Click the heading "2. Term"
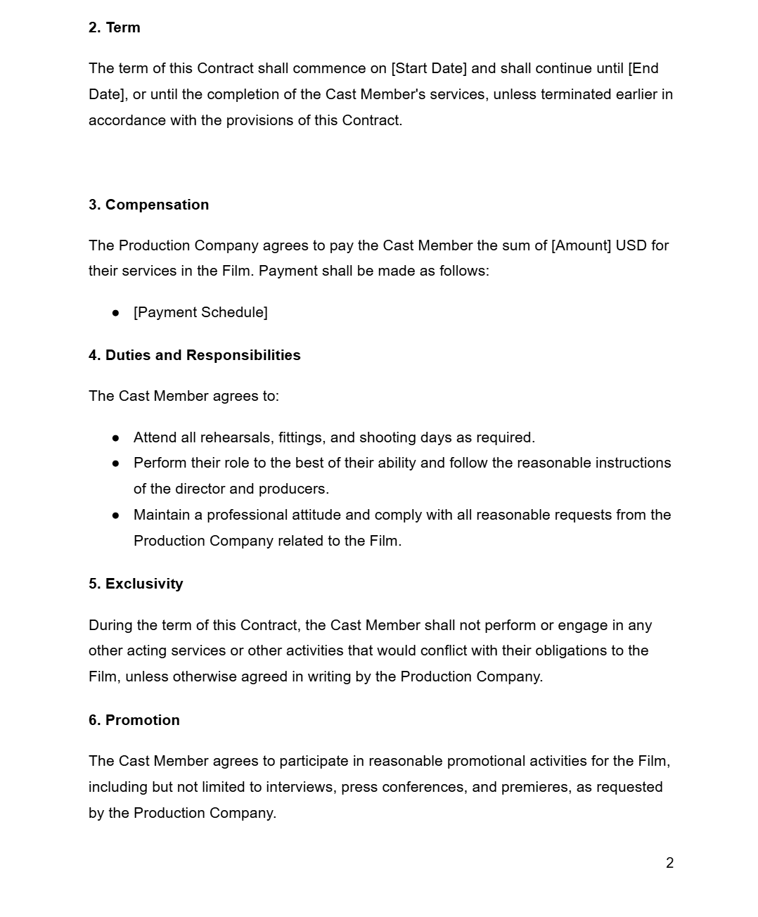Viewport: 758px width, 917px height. (x=114, y=27)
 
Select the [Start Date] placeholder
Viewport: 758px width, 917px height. (x=428, y=68)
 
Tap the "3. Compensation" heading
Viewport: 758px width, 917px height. (x=148, y=205)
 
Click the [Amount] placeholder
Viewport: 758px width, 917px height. (x=581, y=245)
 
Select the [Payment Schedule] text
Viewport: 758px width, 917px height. (x=200, y=312)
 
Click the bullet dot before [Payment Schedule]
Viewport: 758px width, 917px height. (x=115, y=312)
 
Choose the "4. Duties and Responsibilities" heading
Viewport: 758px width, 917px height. (x=194, y=355)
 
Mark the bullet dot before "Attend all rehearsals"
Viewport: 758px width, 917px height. (x=115, y=437)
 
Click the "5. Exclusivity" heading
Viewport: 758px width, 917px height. (x=136, y=584)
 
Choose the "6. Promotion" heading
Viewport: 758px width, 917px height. (x=134, y=720)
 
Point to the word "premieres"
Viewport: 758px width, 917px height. (x=535, y=787)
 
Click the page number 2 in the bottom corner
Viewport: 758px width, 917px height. (x=669, y=863)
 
